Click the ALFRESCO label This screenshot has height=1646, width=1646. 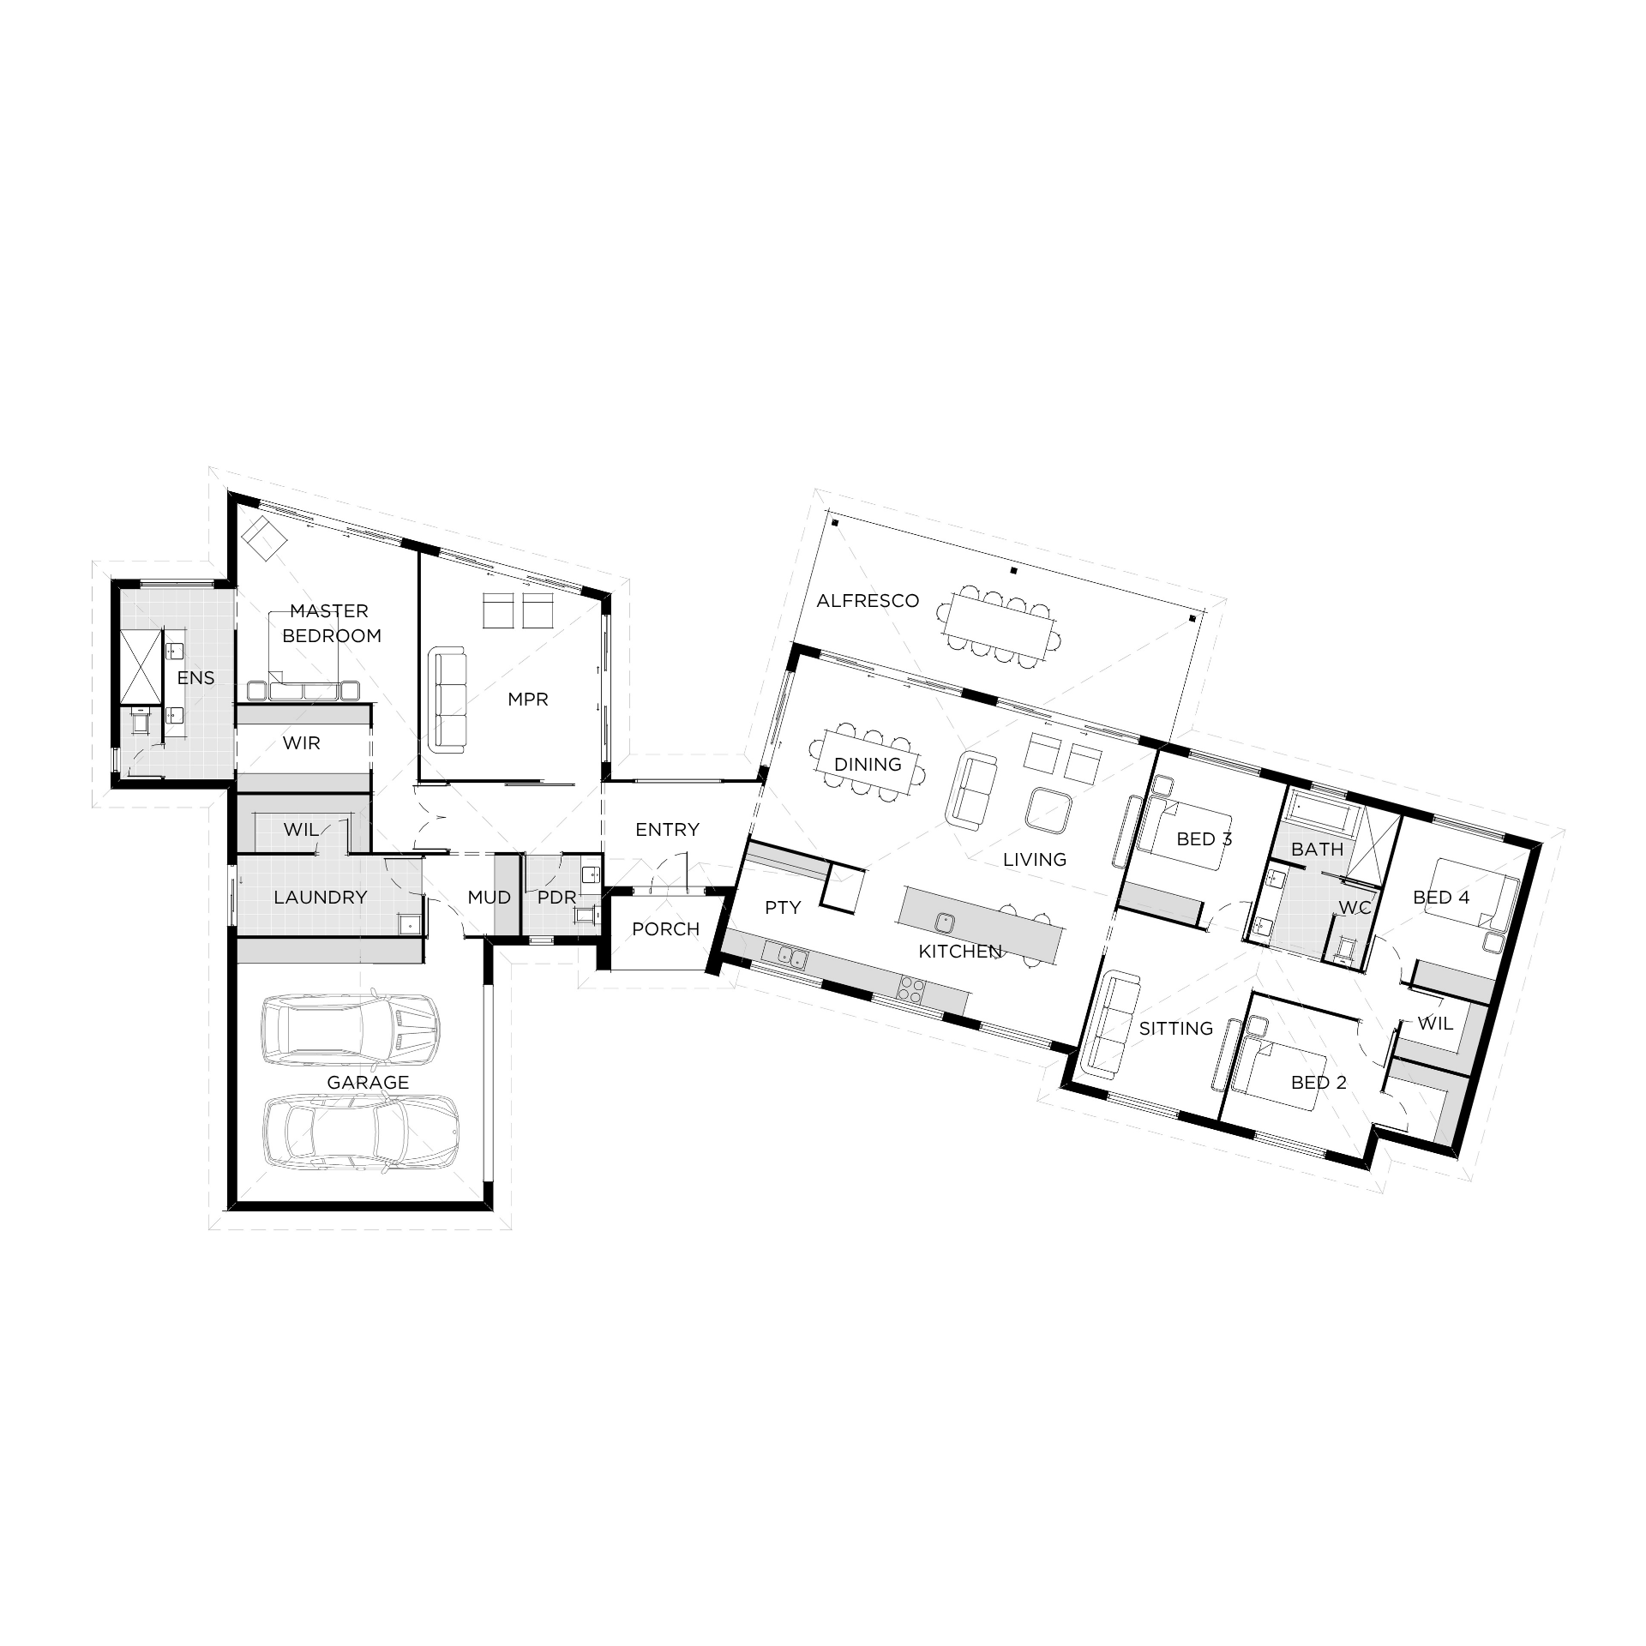[x=867, y=601]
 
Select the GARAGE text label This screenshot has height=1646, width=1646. [x=368, y=1082]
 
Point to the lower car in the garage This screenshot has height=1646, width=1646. [x=359, y=1132]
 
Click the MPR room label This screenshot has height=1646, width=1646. [x=527, y=700]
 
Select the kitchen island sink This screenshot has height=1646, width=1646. [x=945, y=922]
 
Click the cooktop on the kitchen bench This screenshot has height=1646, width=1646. [x=910, y=989]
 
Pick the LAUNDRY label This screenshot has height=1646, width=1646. [x=320, y=898]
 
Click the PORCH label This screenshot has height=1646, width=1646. [x=665, y=929]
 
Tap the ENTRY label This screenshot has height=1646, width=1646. [x=667, y=830]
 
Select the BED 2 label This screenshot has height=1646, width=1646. [x=1318, y=1083]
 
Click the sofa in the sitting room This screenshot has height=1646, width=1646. [x=1112, y=1024]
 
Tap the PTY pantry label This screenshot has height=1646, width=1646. [x=782, y=907]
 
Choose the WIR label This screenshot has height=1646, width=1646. [x=301, y=743]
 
